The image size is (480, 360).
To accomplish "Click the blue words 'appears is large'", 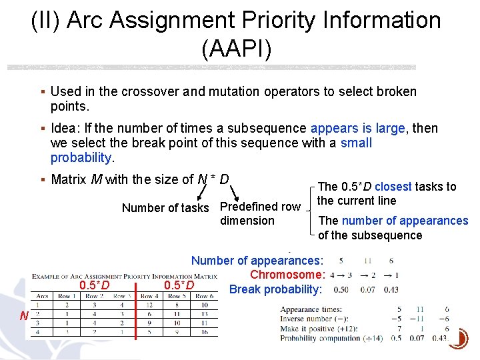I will [x=357, y=128].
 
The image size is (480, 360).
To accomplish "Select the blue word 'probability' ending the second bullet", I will [x=81, y=157].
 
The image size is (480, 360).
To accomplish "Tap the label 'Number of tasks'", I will [x=165, y=207].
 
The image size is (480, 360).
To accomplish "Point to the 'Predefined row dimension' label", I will [x=260, y=213].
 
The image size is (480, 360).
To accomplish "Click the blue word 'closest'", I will [x=393, y=187].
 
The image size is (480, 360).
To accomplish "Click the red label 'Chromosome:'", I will [x=287, y=275].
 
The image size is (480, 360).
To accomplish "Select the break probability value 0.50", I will [x=341, y=289].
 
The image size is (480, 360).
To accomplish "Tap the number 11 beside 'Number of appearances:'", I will [x=368, y=261].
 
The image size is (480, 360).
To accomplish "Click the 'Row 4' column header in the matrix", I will [x=149, y=295].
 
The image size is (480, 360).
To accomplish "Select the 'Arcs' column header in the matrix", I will [x=42, y=295].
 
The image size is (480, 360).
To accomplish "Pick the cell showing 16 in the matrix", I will [x=205, y=331].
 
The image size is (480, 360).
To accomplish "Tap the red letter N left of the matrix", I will [x=23, y=315].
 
